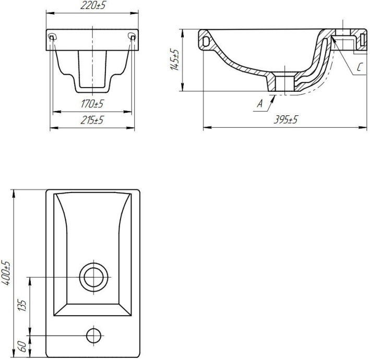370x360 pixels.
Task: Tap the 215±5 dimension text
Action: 92,121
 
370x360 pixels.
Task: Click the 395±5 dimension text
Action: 285,120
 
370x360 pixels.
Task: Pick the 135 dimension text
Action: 21,305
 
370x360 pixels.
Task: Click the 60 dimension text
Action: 21,345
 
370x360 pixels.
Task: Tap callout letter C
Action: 361,67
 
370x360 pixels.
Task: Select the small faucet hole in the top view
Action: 94,335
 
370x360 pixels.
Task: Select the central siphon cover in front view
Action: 92,68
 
